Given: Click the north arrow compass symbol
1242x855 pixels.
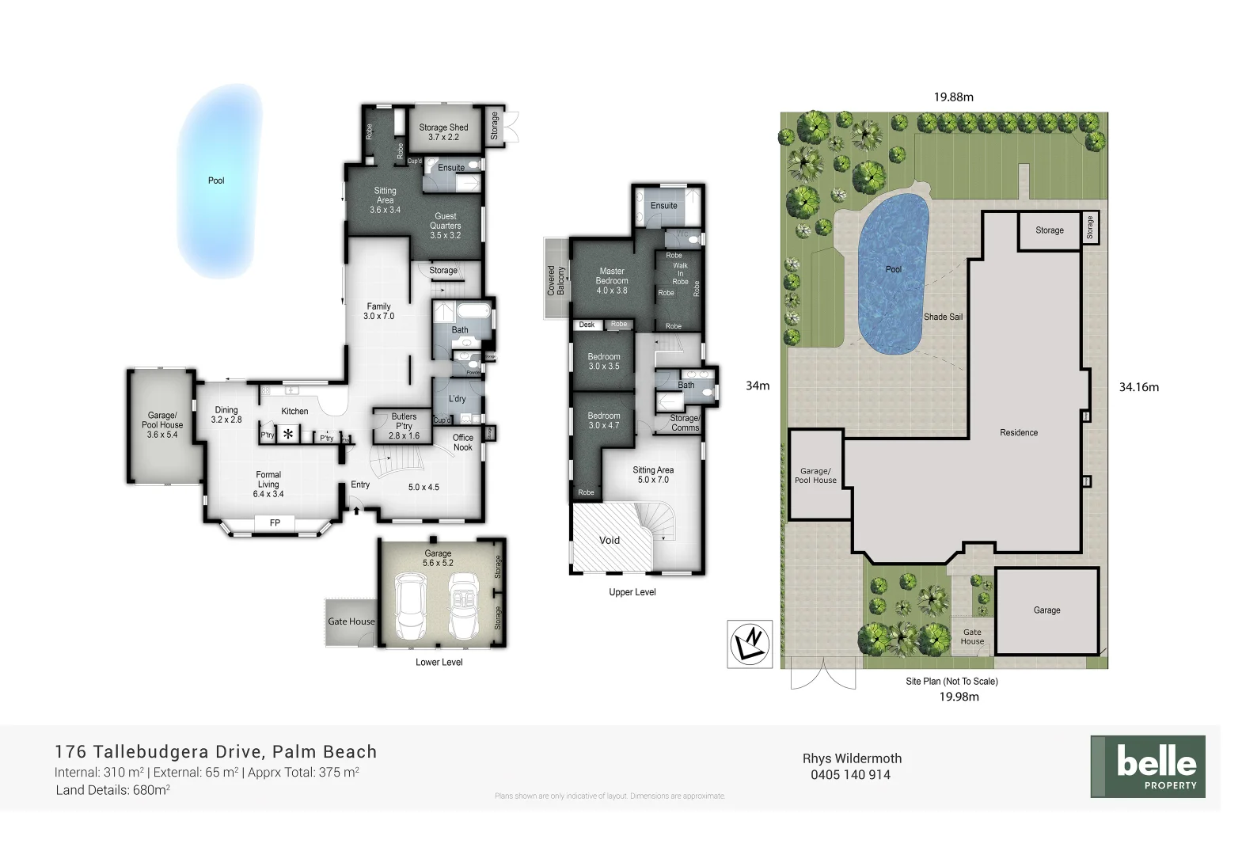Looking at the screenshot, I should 750,643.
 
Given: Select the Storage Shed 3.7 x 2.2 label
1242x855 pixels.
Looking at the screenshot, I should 443,132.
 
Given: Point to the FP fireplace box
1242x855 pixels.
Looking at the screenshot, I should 275,522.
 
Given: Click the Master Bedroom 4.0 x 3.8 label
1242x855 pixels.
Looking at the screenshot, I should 611,280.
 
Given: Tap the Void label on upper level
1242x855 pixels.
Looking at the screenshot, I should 609,540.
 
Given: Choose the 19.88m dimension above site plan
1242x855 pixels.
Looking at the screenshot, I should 953,97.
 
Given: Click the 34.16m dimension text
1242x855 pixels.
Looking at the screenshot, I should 1138,387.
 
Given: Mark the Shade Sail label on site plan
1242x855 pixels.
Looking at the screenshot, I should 943,317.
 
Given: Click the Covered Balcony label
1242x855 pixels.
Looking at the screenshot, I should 556,280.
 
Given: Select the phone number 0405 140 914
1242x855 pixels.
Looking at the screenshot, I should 850,775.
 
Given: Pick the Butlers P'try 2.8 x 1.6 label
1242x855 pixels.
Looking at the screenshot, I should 404,426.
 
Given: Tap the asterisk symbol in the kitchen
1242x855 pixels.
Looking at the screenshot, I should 288,434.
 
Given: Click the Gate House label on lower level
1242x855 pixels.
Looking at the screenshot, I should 351,621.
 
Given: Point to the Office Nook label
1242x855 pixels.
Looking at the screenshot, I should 463,443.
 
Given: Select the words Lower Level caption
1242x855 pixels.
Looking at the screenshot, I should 439,662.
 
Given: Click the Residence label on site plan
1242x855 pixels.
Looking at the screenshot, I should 1018,432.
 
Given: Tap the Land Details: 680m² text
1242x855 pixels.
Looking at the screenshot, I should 112,790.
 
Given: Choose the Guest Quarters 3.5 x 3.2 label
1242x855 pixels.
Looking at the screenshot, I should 445,226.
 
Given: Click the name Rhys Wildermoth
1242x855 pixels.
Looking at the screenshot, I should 852,758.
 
